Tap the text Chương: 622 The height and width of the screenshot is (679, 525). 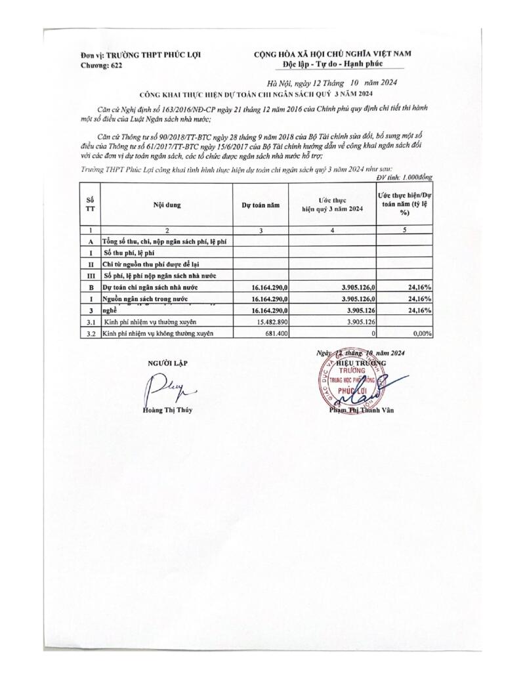(101, 66)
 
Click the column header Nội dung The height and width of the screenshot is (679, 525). (167, 204)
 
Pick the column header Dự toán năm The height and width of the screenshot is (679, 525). (261, 205)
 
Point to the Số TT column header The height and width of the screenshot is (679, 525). (90, 204)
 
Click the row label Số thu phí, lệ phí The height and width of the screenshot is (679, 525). (132, 253)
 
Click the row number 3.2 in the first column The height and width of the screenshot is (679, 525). (90, 333)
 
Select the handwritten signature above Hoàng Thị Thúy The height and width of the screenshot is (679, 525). (160, 389)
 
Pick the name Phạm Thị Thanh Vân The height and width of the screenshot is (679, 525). (365, 411)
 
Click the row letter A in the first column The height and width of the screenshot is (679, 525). (90, 241)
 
